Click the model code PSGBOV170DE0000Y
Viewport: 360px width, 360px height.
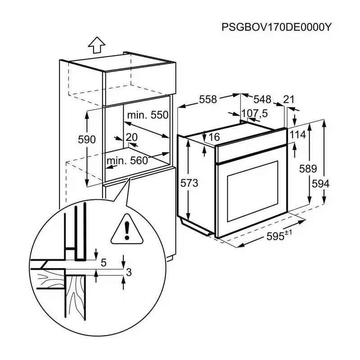click(x=276, y=27)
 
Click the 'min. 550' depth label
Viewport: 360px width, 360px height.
click(x=147, y=115)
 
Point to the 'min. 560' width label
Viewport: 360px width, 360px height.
click(x=127, y=160)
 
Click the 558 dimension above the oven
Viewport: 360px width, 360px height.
click(x=208, y=99)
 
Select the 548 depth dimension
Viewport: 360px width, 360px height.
click(x=262, y=99)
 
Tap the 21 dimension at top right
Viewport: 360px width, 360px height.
click(x=288, y=99)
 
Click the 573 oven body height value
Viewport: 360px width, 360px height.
click(x=189, y=183)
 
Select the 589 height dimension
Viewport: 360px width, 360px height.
click(x=308, y=169)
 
